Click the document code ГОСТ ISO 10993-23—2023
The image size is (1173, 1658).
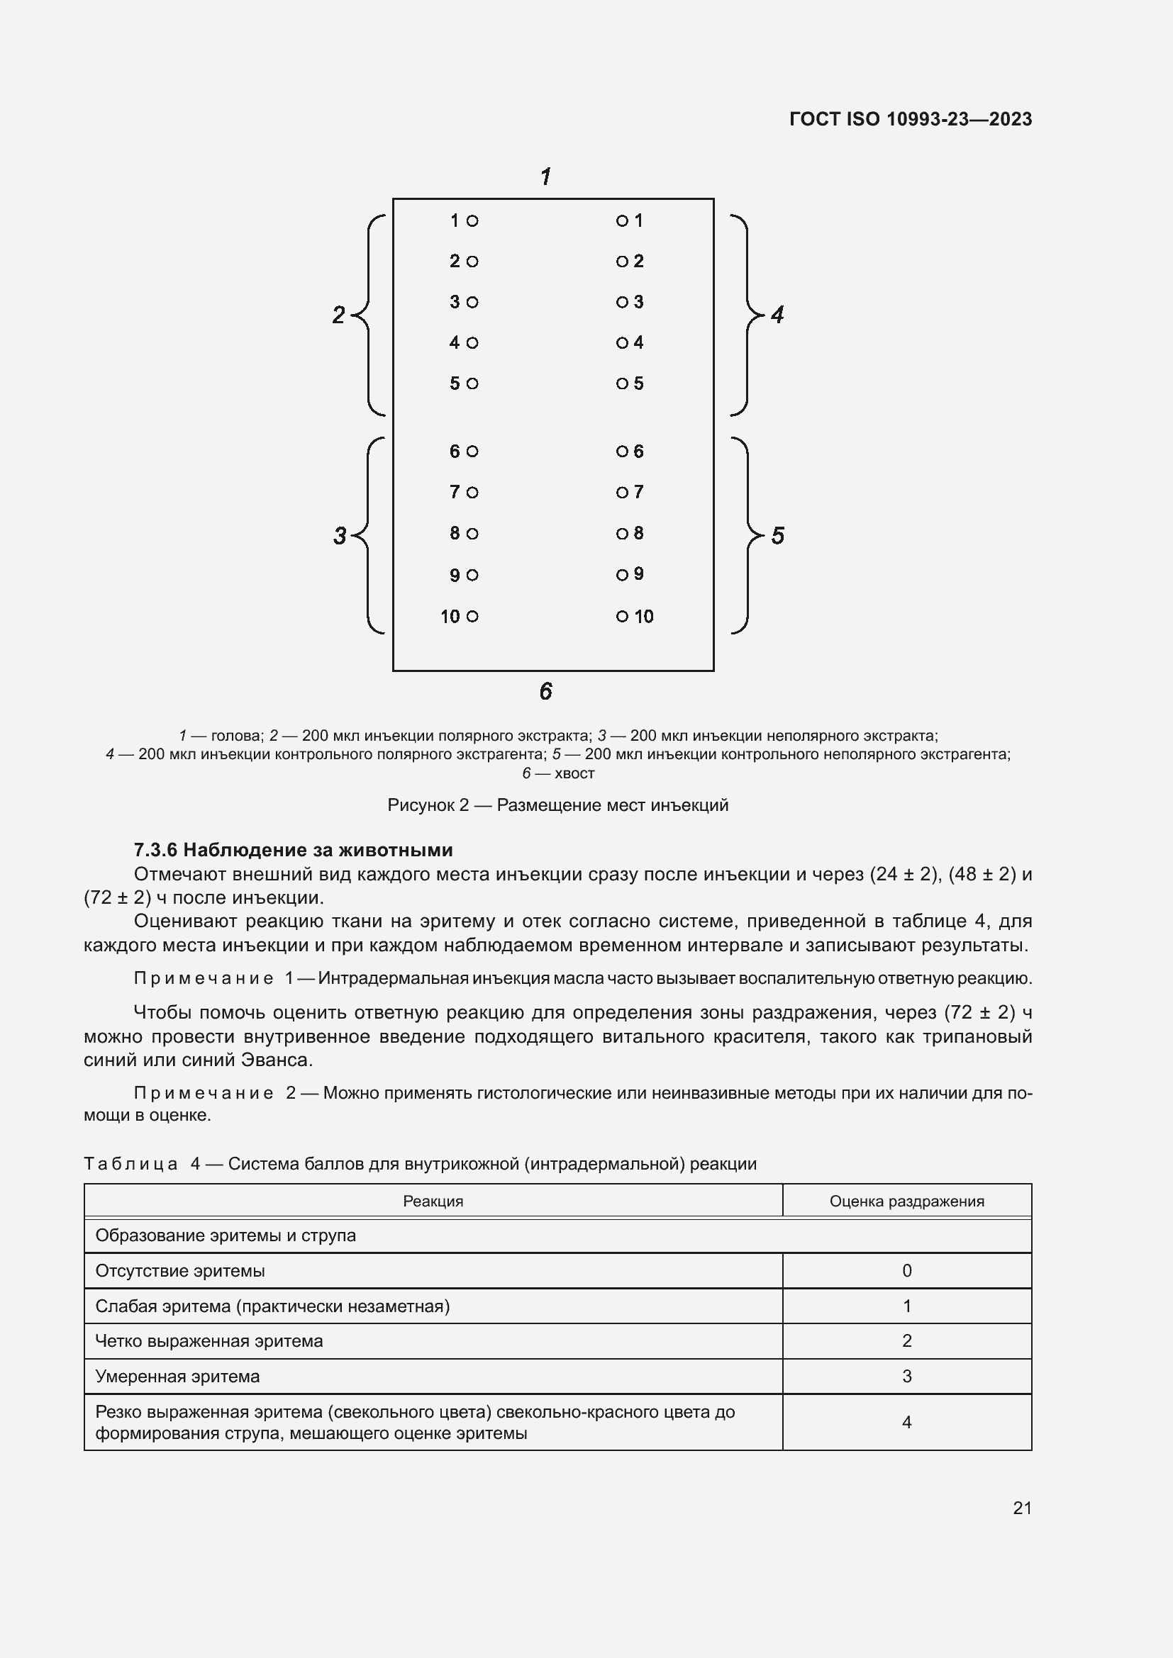(x=910, y=119)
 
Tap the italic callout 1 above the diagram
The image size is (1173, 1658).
(x=546, y=177)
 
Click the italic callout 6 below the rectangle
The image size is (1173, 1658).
(x=546, y=691)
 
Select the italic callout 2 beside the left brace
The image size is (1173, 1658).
(x=338, y=315)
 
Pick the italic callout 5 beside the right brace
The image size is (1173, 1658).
(x=778, y=536)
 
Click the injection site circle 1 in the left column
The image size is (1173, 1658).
(x=472, y=221)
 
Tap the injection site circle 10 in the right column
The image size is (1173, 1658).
(x=622, y=616)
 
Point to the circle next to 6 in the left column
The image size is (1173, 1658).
(x=472, y=452)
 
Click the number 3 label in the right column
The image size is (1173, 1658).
(x=638, y=302)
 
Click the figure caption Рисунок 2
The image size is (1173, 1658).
(x=557, y=805)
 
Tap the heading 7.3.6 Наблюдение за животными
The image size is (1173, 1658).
(x=294, y=849)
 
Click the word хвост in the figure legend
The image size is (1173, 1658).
(x=574, y=773)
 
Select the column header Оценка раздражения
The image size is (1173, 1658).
(x=906, y=1201)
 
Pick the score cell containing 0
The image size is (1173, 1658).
(x=906, y=1270)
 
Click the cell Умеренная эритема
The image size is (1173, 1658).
(x=178, y=1377)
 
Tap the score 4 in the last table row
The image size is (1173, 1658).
(x=906, y=1422)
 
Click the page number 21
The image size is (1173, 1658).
(x=1022, y=1508)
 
